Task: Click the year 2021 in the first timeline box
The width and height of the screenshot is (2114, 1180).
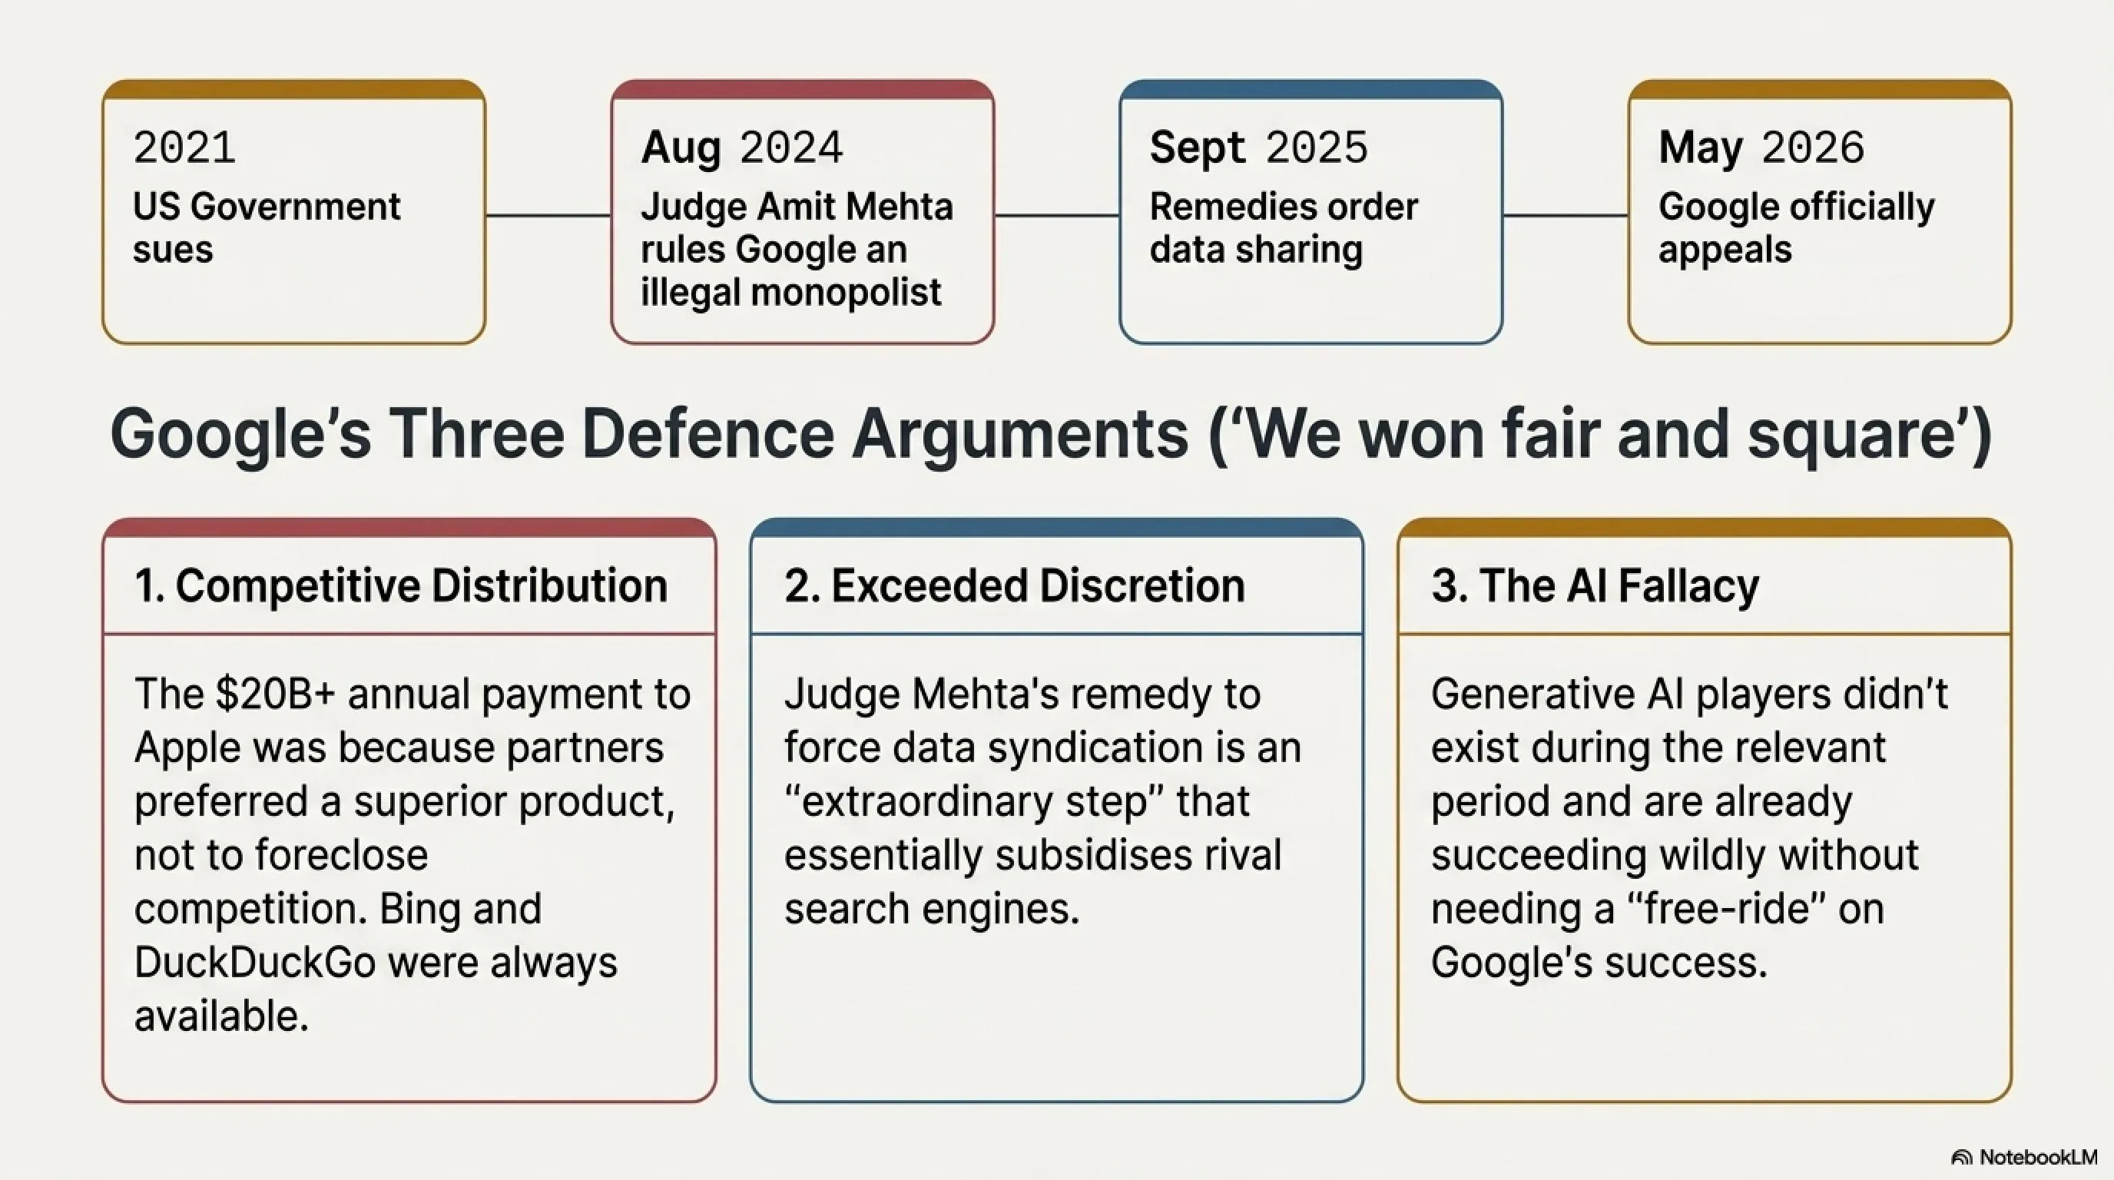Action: tap(184, 147)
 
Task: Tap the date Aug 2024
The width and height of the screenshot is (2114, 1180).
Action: tap(742, 147)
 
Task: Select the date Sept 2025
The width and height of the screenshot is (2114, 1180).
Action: tap(1259, 147)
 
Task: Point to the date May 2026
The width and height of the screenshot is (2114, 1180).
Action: tap(1761, 147)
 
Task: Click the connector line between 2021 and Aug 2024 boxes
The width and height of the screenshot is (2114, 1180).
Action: tap(548, 216)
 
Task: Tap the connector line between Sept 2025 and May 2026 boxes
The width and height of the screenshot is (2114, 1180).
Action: tap(1566, 216)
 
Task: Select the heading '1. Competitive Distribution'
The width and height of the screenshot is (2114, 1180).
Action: tap(400, 586)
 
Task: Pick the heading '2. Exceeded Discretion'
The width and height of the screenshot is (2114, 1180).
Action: tap(1014, 586)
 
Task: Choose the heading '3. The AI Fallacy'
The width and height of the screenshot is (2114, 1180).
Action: tap(1595, 586)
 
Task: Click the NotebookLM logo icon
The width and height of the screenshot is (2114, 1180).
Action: tap(1961, 1158)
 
